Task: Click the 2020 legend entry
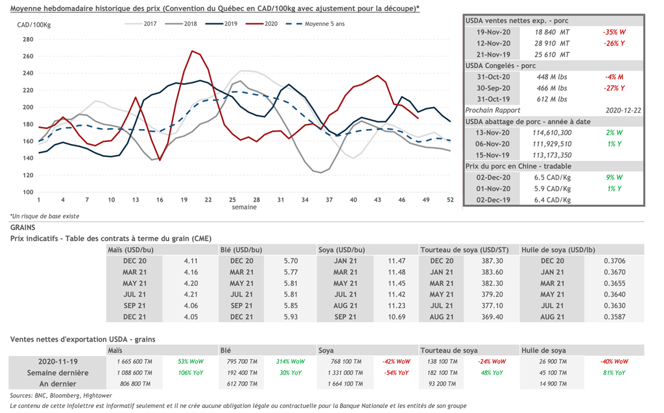click(x=271, y=23)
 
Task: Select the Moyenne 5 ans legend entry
click(x=327, y=23)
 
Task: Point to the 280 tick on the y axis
click(x=27, y=40)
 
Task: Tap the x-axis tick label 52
click(x=450, y=200)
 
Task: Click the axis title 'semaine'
click(x=244, y=207)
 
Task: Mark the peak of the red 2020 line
click(x=192, y=51)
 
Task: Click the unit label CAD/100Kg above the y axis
click(x=34, y=25)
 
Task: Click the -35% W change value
click(x=614, y=31)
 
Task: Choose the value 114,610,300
click(x=553, y=132)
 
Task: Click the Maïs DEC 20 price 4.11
click(x=191, y=261)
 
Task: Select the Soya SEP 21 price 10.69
click(x=396, y=316)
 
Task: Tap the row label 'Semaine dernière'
click(x=58, y=373)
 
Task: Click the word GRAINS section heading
click(x=23, y=228)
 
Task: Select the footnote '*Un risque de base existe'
click(x=45, y=216)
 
